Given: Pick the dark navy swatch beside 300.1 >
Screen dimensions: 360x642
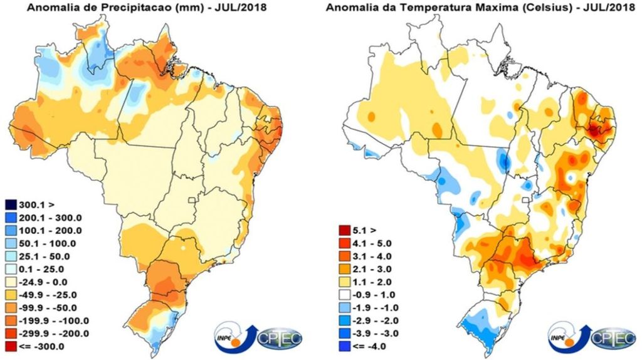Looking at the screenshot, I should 12,204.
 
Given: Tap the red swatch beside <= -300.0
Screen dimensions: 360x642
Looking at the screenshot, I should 12,346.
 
